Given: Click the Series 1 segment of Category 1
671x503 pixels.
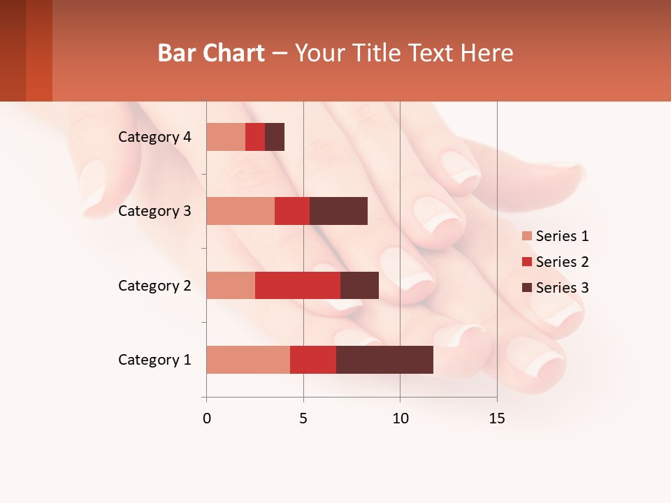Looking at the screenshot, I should click(x=248, y=360).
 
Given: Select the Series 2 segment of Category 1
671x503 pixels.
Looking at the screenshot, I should click(x=313, y=360).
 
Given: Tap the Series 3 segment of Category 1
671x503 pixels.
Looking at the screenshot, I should click(x=384, y=360).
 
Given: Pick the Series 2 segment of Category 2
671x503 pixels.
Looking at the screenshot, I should click(x=298, y=285).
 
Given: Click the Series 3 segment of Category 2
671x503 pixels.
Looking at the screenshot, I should click(x=359, y=285).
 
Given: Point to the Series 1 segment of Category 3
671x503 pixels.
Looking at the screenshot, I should click(x=240, y=211).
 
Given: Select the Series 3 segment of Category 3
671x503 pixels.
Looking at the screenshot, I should click(x=338, y=211).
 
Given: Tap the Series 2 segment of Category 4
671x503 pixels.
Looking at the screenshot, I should click(x=255, y=137).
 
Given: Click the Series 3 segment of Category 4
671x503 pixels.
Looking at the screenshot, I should click(x=275, y=137).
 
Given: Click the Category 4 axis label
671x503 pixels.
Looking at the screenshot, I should click(x=154, y=137).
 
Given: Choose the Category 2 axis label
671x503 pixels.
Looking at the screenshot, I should click(x=154, y=285).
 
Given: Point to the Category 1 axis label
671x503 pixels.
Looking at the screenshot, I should click(x=154, y=360).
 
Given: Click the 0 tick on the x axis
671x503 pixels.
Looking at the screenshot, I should click(x=207, y=418).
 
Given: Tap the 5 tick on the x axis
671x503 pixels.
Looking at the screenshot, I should click(x=303, y=418).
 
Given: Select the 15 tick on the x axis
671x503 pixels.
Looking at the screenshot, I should click(x=496, y=418).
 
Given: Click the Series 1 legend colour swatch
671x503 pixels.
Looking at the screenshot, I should click(x=526, y=236).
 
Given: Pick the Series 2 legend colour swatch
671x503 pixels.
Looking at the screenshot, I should click(x=526, y=262).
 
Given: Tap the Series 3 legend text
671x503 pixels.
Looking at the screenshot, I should click(x=562, y=288).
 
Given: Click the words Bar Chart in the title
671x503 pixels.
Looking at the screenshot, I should click(x=211, y=53).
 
